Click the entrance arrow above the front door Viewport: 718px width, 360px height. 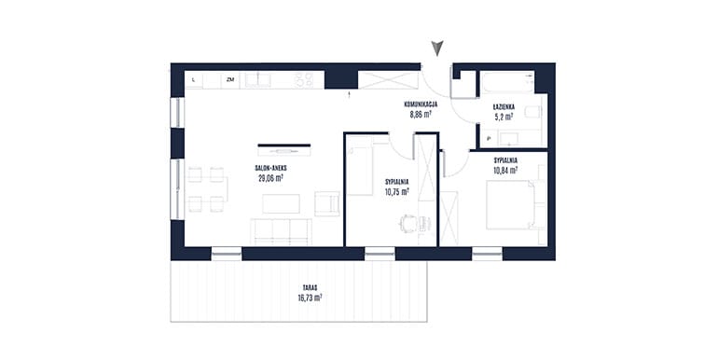pyautogui.click(x=437, y=48)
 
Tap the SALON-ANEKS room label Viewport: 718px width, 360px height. pyautogui.click(x=271, y=168)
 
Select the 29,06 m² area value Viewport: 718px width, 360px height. pyautogui.click(x=270, y=178)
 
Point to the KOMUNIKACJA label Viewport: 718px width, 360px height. pyautogui.click(x=421, y=104)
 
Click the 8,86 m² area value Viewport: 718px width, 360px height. pyautogui.click(x=421, y=115)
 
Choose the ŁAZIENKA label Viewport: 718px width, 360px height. pyautogui.click(x=504, y=106)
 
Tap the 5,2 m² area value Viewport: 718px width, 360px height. pyautogui.click(x=504, y=117)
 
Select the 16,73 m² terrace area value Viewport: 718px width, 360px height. pyautogui.click(x=310, y=298)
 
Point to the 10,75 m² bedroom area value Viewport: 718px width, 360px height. pyautogui.click(x=397, y=192)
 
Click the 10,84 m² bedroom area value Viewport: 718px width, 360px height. pyautogui.click(x=505, y=171)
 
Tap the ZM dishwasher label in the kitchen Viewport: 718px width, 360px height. pyautogui.click(x=230, y=79)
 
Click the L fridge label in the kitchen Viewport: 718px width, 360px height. pyautogui.click(x=194, y=79)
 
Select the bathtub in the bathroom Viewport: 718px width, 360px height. pyautogui.click(x=507, y=82)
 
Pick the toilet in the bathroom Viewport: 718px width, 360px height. pyautogui.click(x=533, y=112)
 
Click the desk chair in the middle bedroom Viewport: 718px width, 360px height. pyautogui.click(x=409, y=224)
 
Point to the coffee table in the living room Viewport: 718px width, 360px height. pyautogui.click(x=282, y=204)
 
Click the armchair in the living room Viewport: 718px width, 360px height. pyautogui.click(x=327, y=204)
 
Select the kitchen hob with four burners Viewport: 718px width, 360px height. pyautogui.click(x=304, y=80)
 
